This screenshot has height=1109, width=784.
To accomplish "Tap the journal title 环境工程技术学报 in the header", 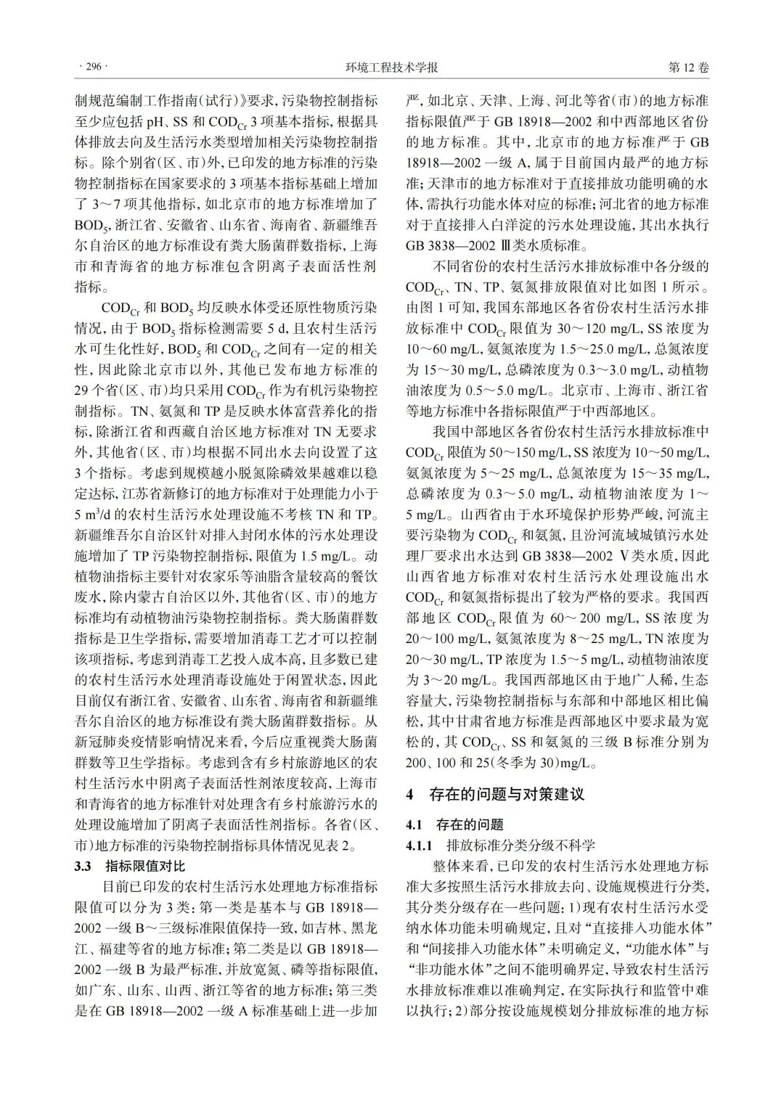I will [392, 67].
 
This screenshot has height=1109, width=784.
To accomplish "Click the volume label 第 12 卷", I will [687, 67].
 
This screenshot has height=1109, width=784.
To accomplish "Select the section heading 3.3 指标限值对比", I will [131, 866].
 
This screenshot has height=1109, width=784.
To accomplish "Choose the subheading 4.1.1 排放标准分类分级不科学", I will [501, 845].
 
